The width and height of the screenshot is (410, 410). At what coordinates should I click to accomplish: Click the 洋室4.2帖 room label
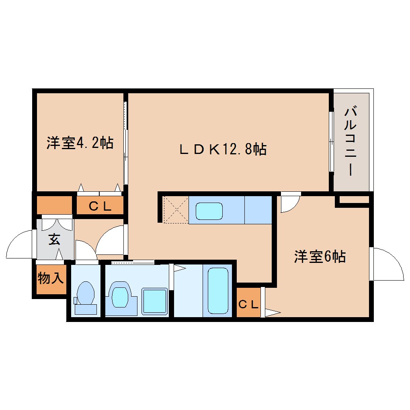click(80, 143)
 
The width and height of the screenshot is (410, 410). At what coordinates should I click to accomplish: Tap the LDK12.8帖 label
click(222, 150)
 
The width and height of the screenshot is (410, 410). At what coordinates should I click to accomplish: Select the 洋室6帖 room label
click(320, 256)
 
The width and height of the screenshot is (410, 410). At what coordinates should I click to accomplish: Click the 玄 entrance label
click(54, 240)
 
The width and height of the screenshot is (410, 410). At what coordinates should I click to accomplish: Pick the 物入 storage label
click(50, 278)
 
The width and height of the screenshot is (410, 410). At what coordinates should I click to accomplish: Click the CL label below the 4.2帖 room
click(100, 207)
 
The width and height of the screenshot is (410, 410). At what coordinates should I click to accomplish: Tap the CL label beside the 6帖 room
click(248, 304)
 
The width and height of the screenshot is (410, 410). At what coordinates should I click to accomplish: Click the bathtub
click(218, 290)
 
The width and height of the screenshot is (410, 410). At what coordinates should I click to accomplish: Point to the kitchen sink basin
click(209, 211)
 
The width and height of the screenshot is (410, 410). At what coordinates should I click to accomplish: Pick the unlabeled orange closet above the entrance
click(54, 205)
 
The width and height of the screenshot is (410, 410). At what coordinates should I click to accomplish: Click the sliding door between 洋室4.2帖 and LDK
click(125, 143)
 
